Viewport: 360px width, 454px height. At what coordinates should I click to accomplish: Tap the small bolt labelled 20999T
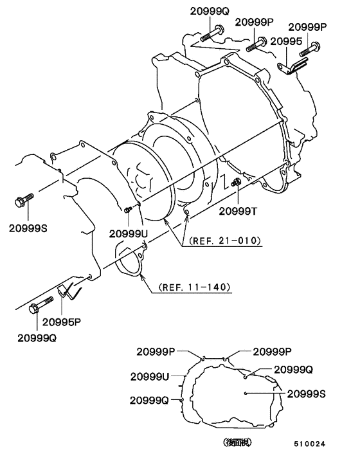[236, 185]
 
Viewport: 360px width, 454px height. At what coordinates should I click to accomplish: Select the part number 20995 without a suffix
[286, 41]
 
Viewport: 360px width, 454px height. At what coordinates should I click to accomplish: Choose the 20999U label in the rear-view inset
[150, 376]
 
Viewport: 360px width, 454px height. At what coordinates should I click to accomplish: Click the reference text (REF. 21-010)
[224, 241]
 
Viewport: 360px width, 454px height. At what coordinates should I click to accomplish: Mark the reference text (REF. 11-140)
[191, 287]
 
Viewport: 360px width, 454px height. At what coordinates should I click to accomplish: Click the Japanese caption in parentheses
[237, 442]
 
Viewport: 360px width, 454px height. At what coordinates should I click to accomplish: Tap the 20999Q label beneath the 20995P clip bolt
[37, 338]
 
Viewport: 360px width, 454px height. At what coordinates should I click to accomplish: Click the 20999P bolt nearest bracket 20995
[315, 47]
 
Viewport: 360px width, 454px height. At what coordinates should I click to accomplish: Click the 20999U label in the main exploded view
[129, 233]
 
